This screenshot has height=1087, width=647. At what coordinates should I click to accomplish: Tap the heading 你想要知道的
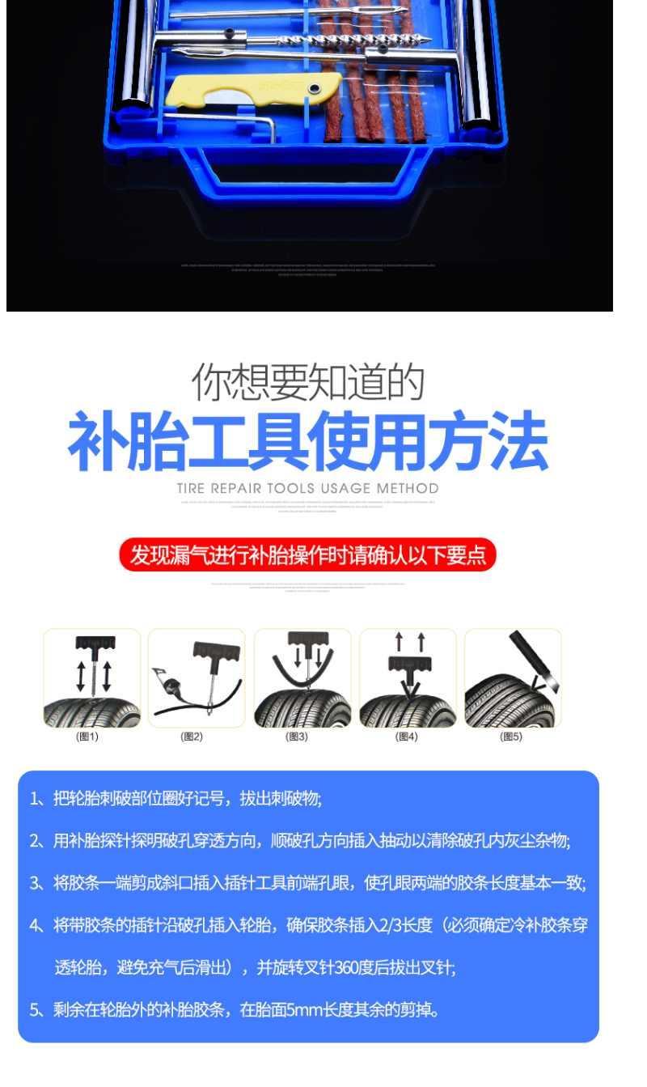click(308, 383)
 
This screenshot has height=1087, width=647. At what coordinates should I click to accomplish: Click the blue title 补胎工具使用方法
click(308, 442)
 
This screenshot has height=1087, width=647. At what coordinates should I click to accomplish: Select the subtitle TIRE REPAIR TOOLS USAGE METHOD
click(307, 488)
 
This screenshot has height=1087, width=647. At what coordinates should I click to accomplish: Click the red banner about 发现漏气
click(307, 555)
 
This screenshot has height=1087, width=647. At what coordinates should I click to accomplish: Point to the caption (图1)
click(87, 737)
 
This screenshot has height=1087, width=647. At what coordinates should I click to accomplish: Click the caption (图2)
click(192, 737)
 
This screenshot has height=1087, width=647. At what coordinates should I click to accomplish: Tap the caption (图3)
click(297, 737)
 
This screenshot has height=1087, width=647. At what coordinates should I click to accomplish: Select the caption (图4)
click(406, 737)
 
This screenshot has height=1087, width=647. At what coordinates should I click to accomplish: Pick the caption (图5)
click(511, 737)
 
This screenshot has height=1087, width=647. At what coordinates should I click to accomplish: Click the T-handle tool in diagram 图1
click(95, 645)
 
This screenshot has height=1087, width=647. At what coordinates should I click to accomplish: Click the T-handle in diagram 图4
click(410, 665)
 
